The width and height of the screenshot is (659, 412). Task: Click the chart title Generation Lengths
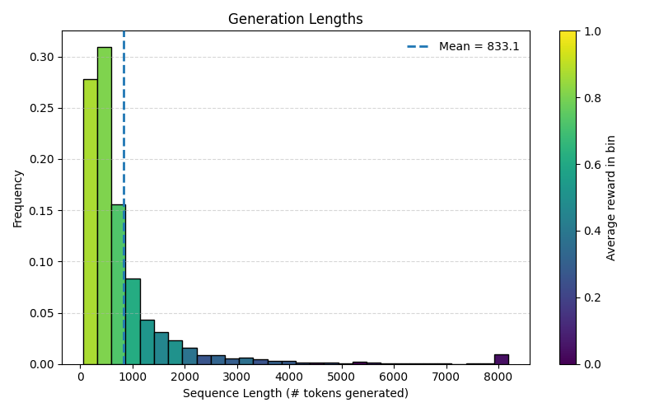point(295,19)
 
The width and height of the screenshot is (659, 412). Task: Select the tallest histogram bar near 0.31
point(105,206)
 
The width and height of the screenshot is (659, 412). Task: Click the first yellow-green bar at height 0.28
point(90,222)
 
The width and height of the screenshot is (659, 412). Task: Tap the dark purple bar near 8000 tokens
point(501,359)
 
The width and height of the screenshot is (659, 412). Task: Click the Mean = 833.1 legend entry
point(464,47)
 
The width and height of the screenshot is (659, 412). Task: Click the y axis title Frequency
point(18,198)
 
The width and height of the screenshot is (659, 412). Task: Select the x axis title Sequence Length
point(295,394)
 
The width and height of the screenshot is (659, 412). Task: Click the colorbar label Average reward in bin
point(611,198)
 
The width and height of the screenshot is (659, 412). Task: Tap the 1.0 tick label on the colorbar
point(592,31)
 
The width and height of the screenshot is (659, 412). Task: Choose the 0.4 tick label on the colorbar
point(592,231)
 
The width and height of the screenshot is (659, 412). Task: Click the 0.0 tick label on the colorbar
point(592,364)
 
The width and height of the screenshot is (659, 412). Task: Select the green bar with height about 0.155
point(118,284)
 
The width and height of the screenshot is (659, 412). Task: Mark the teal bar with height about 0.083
point(133,321)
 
